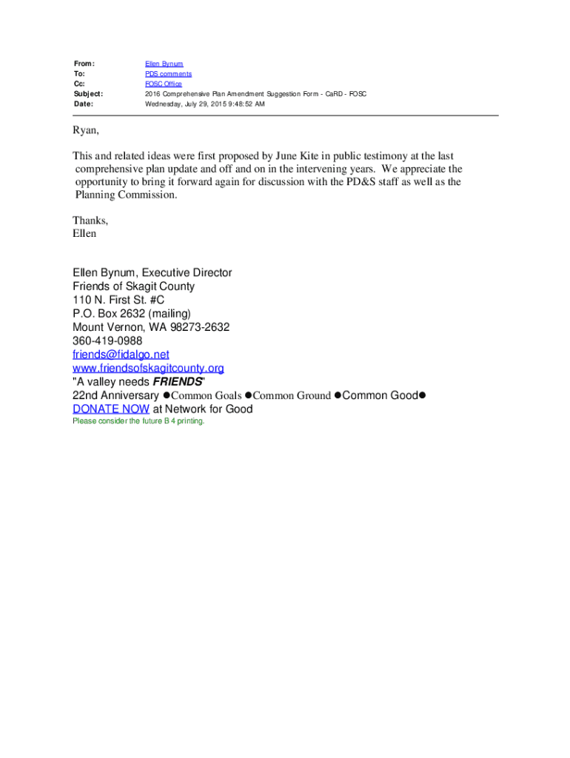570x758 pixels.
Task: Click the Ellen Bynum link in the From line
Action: click(x=164, y=64)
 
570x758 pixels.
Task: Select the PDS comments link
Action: click(x=168, y=74)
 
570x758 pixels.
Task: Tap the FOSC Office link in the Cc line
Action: click(x=164, y=84)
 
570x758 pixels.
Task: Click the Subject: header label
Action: click(x=88, y=94)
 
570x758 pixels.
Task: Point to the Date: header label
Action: click(x=84, y=104)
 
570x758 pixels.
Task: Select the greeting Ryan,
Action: click(x=85, y=131)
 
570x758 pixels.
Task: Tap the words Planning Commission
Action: click(x=126, y=195)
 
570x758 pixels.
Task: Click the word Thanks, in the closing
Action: click(x=90, y=221)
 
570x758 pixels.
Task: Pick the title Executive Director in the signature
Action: click(x=187, y=273)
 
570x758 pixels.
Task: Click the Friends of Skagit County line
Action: click(x=133, y=286)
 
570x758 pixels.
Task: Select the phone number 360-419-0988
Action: click(x=107, y=341)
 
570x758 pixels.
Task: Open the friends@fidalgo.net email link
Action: click(x=121, y=355)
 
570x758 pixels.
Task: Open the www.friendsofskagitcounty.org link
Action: click(x=148, y=368)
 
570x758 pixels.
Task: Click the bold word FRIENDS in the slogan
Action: click(x=178, y=382)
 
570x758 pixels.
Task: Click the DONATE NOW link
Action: click(x=111, y=409)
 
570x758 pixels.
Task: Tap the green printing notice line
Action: click(x=138, y=421)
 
